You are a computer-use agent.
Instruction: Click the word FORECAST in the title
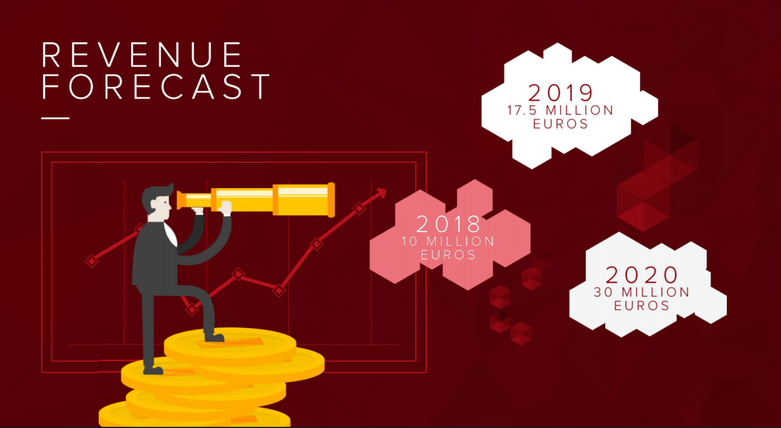(156, 86)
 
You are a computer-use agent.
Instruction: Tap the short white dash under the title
(55, 118)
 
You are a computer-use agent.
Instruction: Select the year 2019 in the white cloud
(560, 93)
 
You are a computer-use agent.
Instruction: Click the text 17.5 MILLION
(560, 110)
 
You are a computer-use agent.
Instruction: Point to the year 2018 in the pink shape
(448, 224)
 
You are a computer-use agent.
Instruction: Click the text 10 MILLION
(448, 241)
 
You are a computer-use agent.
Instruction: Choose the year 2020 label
(642, 275)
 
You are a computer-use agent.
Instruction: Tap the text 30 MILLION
(642, 292)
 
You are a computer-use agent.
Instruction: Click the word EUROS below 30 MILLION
(642, 306)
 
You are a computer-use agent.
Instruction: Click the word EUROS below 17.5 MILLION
(561, 124)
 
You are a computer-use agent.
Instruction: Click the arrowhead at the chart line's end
(382, 193)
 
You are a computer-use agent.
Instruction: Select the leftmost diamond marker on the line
(92, 261)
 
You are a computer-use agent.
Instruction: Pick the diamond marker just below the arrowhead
(359, 208)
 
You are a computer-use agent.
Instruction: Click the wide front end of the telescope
(331, 200)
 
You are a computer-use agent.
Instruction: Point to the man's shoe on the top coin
(215, 337)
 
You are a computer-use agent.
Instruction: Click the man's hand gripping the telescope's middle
(225, 208)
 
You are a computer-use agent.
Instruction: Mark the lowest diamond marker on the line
(192, 310)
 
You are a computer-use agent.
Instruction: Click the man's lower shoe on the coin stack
(153, 370)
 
